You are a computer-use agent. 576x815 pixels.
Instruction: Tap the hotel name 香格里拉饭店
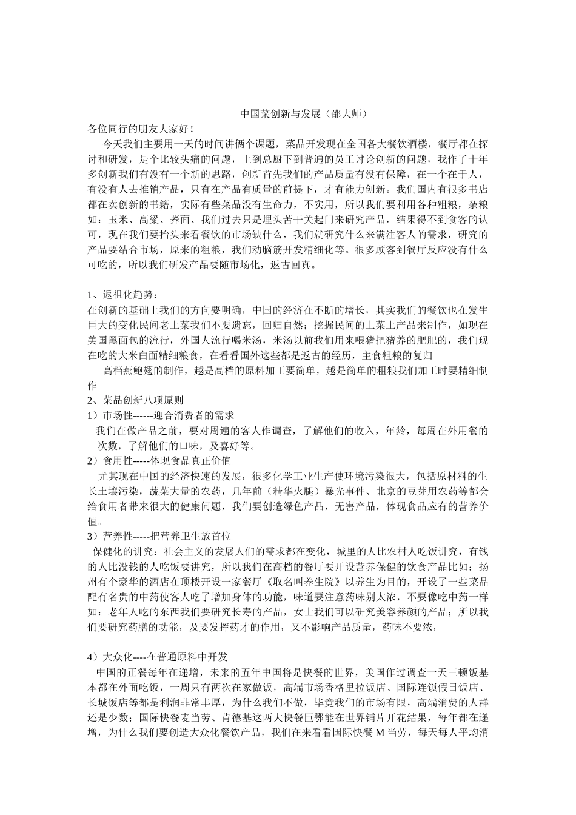pyautogui.click(x=342, y=687)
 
